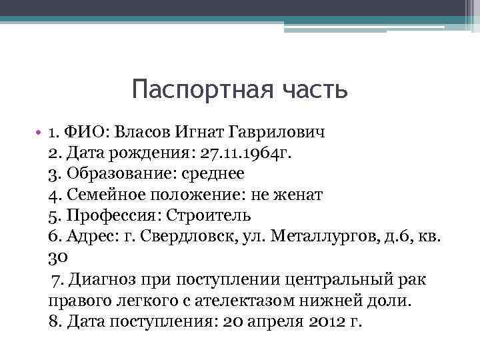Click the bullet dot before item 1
pos(41,133)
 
